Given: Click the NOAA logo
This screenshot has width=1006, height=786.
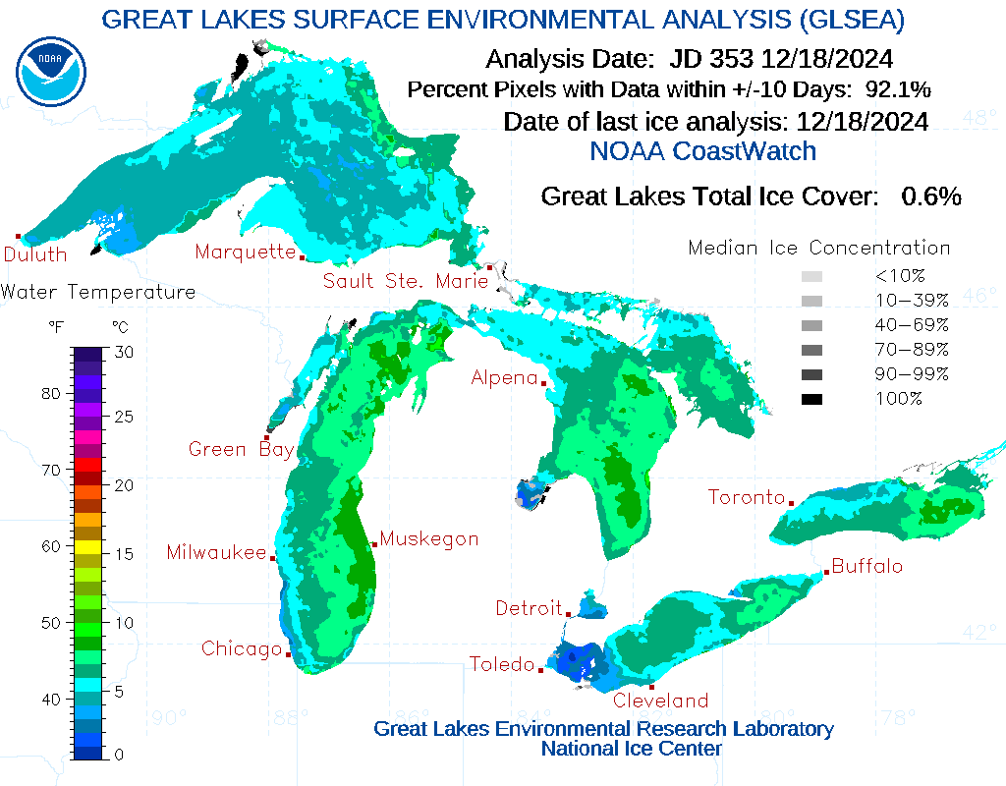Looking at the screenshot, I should (51, 71).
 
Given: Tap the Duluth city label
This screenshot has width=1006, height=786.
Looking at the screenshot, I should (35, 254).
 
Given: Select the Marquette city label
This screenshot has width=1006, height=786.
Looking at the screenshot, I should (245, 252).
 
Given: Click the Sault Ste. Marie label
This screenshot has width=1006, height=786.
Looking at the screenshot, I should (406, 281).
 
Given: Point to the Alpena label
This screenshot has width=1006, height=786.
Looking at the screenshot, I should (504, 377).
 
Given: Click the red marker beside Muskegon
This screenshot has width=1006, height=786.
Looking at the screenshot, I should (374, 544).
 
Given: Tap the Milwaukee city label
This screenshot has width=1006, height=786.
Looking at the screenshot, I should (216, 552).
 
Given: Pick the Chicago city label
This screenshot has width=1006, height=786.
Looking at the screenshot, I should (242, 648).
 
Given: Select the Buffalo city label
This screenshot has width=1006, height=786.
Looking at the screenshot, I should (866, 566).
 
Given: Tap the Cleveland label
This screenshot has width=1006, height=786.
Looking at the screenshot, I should (660, 701).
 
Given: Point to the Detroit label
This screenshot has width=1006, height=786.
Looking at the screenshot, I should (529, 608).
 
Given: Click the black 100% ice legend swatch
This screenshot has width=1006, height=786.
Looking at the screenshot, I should (811, 399).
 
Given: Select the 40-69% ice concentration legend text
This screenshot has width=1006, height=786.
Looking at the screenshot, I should (912, 324).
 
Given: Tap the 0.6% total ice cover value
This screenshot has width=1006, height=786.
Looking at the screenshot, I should (930, 196).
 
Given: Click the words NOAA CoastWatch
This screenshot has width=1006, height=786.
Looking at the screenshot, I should (702, 150).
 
